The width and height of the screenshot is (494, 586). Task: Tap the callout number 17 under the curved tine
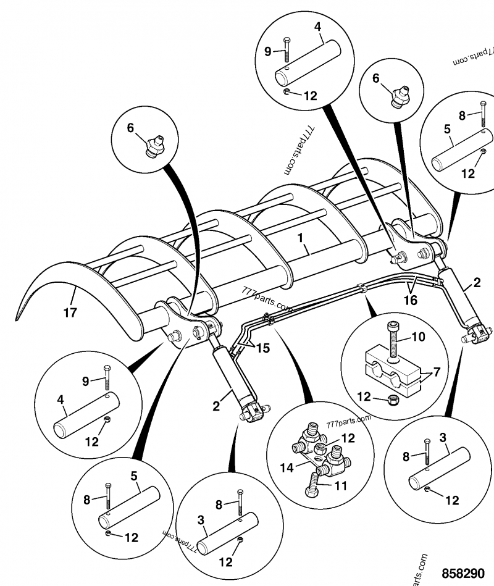(70, 312)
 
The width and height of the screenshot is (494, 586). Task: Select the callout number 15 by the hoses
(263, 348)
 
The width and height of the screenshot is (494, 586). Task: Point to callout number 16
(411, 300)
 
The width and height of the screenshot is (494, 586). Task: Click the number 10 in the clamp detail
(419, 337)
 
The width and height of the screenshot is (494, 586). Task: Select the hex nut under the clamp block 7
(392, 400)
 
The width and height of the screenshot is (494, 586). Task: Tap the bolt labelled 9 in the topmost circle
(287, 49)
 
